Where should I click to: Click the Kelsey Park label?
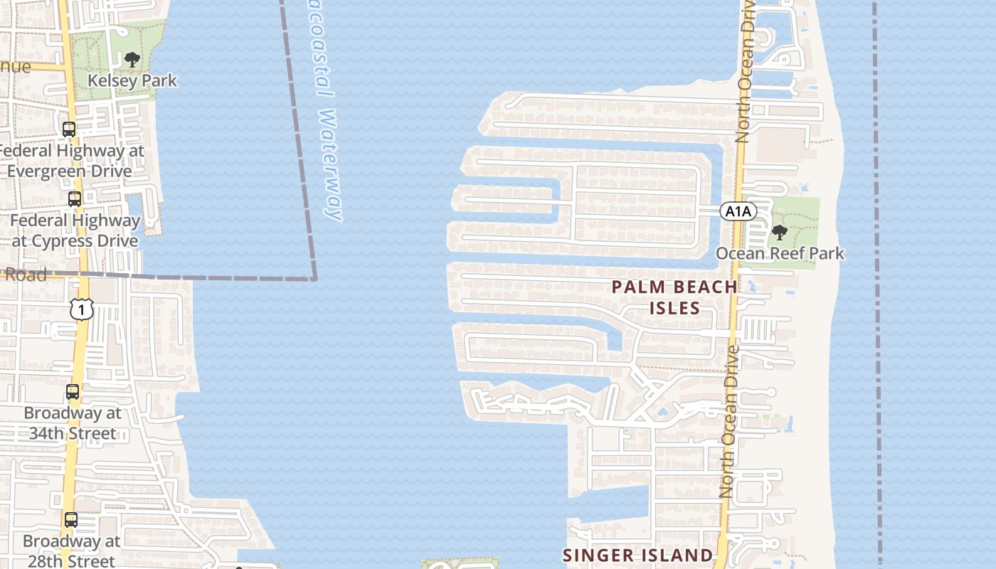pos(132,80)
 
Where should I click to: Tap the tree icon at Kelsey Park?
pos(132,60)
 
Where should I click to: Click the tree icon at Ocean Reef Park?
pos(780,232)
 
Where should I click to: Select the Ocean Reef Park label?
pos(780,253)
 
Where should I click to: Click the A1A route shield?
pos(738,211)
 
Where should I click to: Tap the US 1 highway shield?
pos(82,309)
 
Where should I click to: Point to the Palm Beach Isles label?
pos(674,297)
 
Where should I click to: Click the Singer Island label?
pos(637,555)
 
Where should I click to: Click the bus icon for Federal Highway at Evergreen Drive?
pos(69,129)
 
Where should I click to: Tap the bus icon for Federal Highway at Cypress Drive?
pos(75,199)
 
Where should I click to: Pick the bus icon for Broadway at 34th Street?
pos(73,392)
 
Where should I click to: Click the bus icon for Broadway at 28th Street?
pos(71,520)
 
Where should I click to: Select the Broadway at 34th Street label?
pos(73,423)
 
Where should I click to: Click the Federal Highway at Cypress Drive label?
pos(75,230)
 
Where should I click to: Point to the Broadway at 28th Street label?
pos(71,551)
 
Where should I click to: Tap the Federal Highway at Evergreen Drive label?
pos(71,161)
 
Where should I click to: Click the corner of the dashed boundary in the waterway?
pos(314,279)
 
